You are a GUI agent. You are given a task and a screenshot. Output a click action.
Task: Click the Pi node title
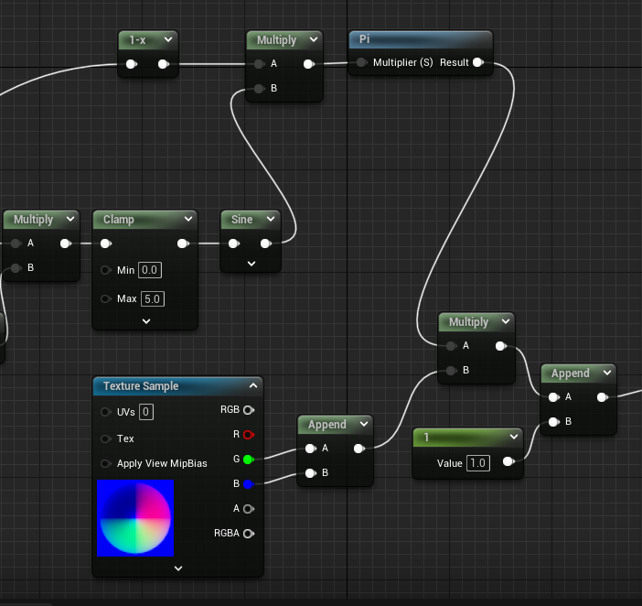pos(364,39)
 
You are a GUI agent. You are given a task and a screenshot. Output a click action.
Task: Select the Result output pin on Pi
pos(478,62)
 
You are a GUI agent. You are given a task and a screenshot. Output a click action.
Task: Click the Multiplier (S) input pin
pos(361,62)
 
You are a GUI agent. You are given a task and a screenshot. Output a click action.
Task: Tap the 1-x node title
pos(137,40)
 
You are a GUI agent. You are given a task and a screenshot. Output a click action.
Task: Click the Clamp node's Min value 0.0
pos(150,270)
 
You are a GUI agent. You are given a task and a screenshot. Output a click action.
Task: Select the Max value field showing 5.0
pos(153,298)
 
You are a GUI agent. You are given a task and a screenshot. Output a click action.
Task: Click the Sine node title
pos(242,219)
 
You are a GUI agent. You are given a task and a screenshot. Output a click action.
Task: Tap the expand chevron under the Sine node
pos(251,264)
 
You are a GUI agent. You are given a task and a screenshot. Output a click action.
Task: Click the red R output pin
pos(249,435)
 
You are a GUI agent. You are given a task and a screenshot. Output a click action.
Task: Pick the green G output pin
pos(249,460)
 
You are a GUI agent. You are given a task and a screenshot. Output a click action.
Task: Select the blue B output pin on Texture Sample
pos(249,484)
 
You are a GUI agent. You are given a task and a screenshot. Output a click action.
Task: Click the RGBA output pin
pos(249,534)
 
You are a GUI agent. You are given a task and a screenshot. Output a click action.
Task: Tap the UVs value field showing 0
pos(146,412)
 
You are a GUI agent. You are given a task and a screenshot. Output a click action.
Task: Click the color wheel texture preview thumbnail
pos(135,518)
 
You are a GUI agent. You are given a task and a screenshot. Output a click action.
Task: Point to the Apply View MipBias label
pos(162,463)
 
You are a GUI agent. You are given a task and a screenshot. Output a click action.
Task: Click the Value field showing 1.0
pos(478,463)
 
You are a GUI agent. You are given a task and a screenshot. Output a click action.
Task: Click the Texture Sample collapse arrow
pos(253,385)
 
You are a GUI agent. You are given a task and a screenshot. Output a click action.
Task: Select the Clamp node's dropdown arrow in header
pos(188,219)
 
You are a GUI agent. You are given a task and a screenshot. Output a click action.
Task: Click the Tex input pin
pos(106,438)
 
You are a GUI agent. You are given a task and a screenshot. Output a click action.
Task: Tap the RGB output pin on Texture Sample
pos(249,410)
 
